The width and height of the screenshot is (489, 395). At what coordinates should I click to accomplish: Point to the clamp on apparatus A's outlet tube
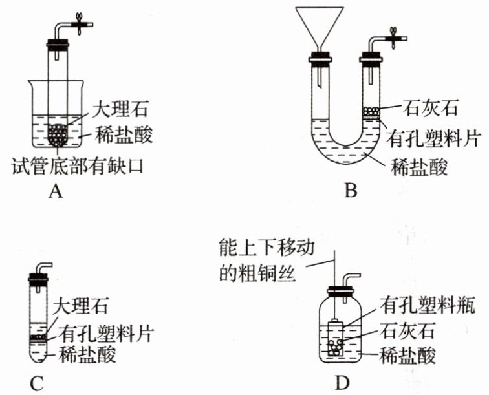click(x=79, y=22)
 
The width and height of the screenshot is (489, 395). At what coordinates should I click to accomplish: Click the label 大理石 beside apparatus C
click(x=81, y=303)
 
